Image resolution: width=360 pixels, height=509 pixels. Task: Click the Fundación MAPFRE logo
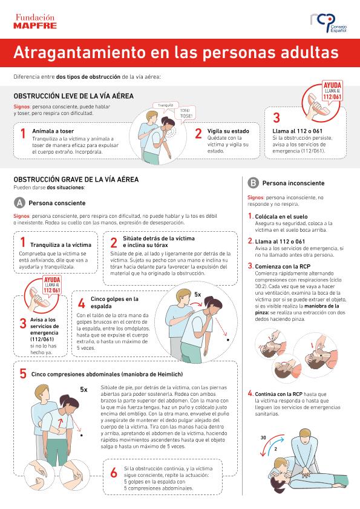(35, 21)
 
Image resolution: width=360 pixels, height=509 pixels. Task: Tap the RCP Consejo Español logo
(328, 23)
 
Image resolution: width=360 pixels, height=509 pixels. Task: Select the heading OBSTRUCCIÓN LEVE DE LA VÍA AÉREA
(73, 96)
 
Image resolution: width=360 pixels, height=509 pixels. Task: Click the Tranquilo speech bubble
(165, 106)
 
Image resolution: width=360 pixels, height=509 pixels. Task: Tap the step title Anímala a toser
(53, 131)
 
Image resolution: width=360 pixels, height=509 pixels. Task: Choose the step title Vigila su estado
(228, 131)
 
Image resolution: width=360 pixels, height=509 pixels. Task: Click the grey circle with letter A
(19, 203)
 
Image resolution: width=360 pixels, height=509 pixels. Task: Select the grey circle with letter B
(253, 183)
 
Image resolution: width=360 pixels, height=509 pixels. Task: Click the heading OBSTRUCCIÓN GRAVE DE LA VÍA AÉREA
(76, 180)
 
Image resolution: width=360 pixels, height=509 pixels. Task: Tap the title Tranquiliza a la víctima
(61, 245)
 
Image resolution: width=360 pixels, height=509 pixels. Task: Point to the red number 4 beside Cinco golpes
(82, 303)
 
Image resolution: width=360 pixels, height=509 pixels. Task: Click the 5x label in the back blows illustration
(198, 294)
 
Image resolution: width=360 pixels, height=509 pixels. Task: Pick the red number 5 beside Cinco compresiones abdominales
(23, 373)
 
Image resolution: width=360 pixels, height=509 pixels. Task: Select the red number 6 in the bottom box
(114, 473)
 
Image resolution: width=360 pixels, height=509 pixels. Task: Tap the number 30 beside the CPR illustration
(263, 438)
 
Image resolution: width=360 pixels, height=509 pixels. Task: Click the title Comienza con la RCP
(283, 266)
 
